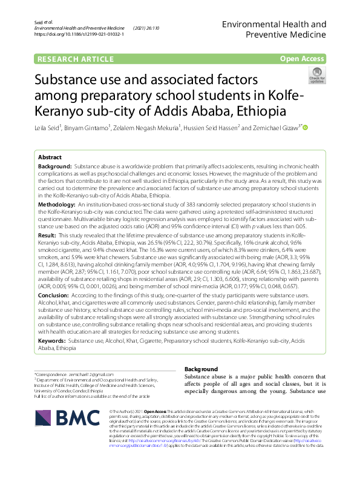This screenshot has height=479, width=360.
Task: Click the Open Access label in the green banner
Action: click(x=302, y=58)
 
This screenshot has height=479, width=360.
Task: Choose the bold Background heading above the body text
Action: click(x=201, y=369)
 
